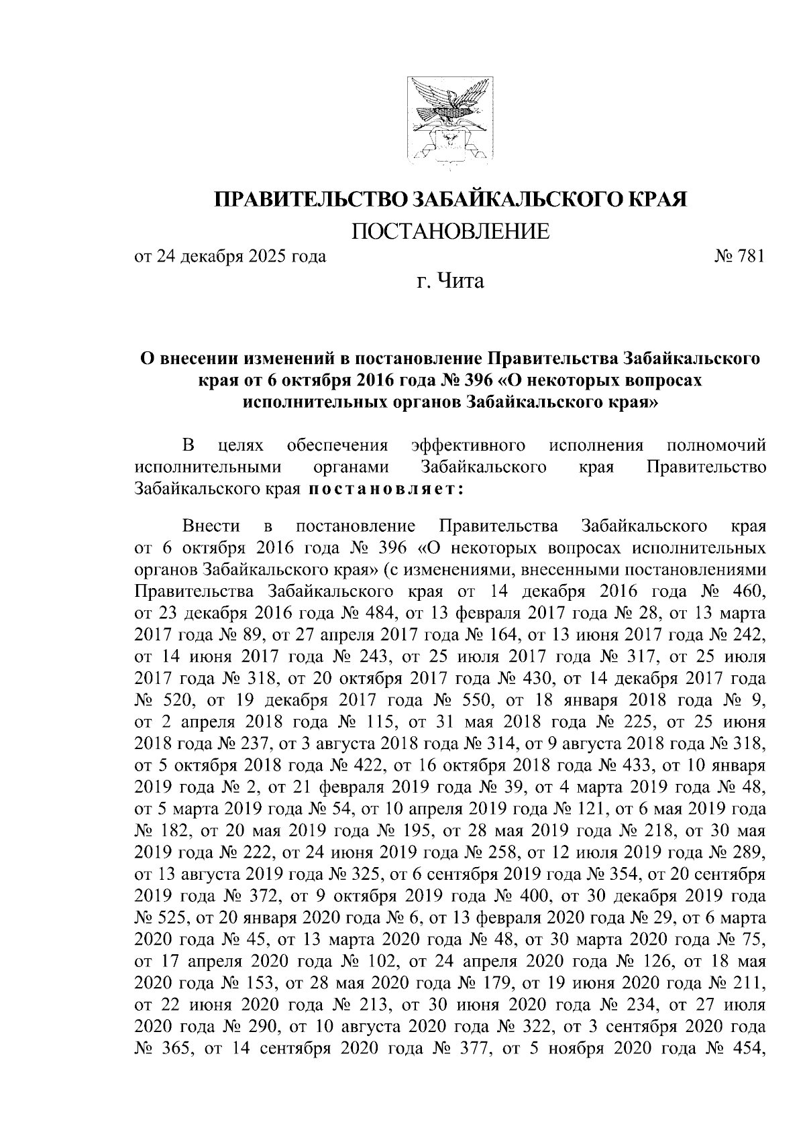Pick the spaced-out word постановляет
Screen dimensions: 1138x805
point(386,488)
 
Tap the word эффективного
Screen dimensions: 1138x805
point(467,445)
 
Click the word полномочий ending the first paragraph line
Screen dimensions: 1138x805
point(717,445)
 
